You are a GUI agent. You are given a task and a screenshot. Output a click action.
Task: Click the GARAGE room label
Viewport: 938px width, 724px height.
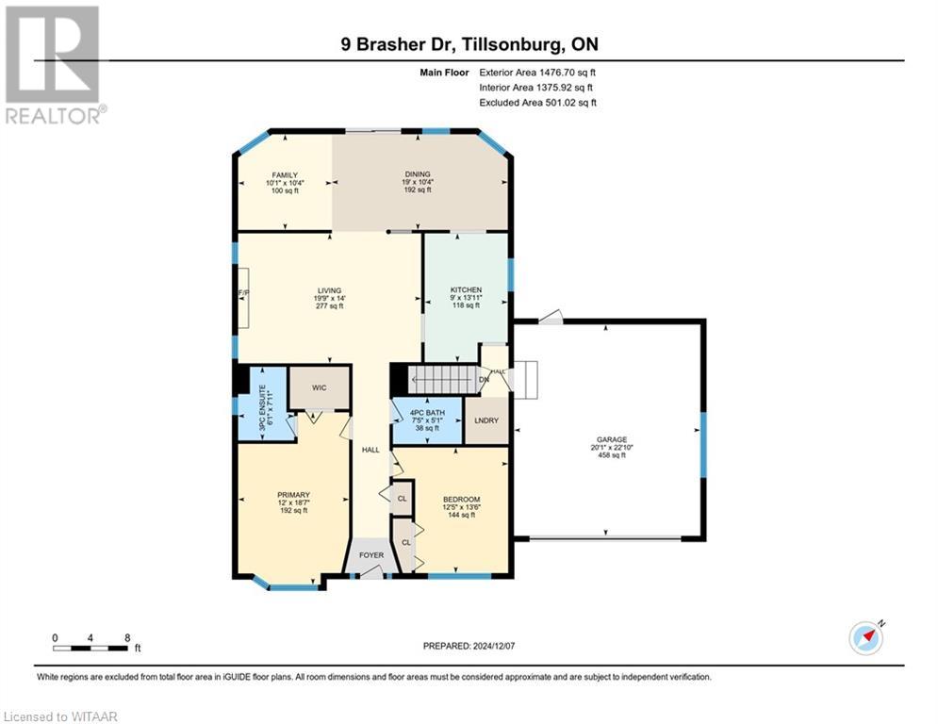[610, 438]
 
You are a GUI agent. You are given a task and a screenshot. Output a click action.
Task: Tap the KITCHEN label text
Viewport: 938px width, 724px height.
[466, 289]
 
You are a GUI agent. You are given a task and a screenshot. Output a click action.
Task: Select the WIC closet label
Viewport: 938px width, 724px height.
[320, 387]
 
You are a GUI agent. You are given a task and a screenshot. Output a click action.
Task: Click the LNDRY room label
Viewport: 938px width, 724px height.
[487, 420]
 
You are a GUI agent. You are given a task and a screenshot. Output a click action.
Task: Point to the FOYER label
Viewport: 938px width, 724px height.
[371, 555]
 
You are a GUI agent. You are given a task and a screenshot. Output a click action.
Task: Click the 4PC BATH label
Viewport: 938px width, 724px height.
[427, 411]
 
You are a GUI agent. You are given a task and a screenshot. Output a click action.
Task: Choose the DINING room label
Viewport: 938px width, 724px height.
[417, 173]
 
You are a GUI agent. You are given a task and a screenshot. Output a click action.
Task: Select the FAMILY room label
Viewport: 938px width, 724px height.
[285, 175]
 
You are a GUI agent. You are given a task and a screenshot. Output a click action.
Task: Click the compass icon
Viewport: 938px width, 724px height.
[865, 638]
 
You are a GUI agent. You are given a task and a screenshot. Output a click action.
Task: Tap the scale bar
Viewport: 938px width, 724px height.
[91, 648]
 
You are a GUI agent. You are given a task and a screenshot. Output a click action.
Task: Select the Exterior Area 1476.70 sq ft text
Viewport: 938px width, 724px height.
[537, 72]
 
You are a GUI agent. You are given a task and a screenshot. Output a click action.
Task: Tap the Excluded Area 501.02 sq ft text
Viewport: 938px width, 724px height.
[537, 103]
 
